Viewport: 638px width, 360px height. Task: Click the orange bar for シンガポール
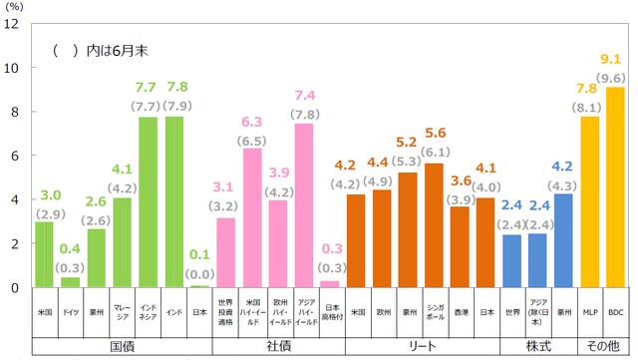[435, 225]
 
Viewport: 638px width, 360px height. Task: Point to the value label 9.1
[615, 58]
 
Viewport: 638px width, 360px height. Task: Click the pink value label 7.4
[304, 95]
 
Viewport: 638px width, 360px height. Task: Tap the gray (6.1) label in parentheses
[435, 151]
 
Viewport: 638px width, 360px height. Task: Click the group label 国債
[122, 345]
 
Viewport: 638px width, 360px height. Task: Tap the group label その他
[602, 345]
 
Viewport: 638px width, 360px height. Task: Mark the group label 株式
[537, 345]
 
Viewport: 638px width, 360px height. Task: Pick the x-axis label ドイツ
[70, 311]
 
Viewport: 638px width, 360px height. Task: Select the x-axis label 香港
[460, 311]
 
